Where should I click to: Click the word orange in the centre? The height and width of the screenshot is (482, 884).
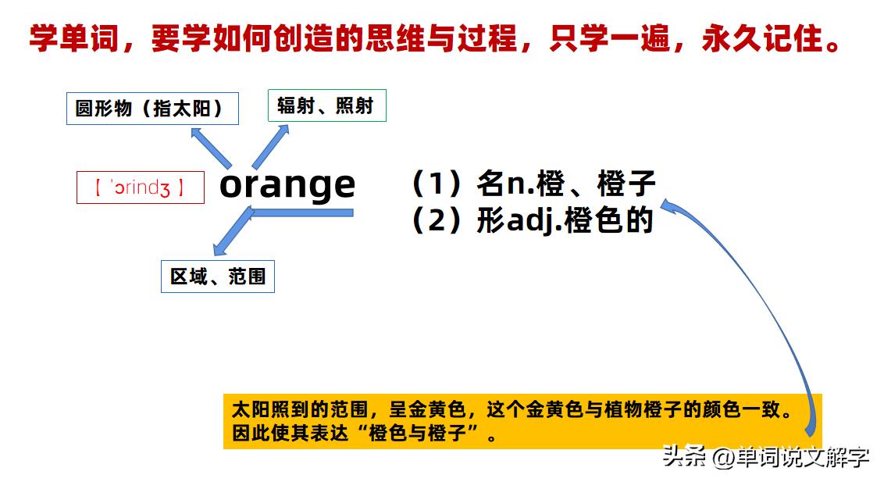point(287,186)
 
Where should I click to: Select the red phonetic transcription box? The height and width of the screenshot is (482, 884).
point(141,187)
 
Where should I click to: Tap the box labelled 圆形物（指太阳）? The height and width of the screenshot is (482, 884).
point(152,109)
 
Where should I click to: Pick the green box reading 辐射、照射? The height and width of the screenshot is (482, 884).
point(327,105)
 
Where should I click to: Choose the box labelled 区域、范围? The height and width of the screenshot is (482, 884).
point(218,277)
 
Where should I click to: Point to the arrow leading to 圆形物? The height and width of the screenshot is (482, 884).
point(211,148)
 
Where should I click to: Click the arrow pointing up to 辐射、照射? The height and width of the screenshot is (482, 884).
point(271,147)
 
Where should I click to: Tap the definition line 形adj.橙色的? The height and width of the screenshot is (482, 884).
point(565,220)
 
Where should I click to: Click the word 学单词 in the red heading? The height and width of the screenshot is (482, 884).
point(74,38)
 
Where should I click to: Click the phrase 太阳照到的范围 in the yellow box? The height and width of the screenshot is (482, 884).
point(300,409)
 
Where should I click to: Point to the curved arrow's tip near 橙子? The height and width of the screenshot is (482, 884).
point(662,203)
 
